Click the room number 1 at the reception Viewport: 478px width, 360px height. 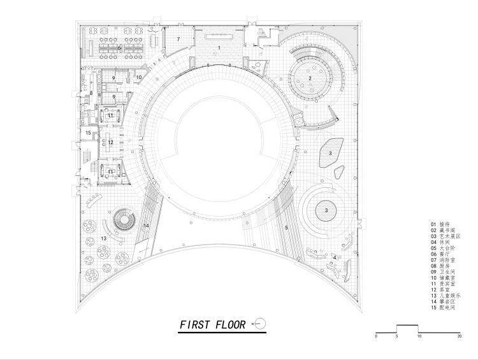click(219, 48)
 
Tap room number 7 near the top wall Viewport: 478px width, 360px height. click(178, 40)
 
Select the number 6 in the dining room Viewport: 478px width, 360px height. click(119, 47)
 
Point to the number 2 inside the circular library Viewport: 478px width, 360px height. click(310, 78)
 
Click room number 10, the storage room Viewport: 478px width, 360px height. click(139, 77)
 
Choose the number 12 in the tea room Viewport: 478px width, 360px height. click(110, 142)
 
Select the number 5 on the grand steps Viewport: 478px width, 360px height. click(286, 227)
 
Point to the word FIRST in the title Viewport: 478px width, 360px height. click(192, 324)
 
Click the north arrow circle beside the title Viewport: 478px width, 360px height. click(259, 324)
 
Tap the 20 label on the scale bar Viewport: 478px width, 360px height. click(459, 335)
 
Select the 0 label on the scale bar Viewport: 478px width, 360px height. click(376, 335)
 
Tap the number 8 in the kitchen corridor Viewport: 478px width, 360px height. click(91, 94)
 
